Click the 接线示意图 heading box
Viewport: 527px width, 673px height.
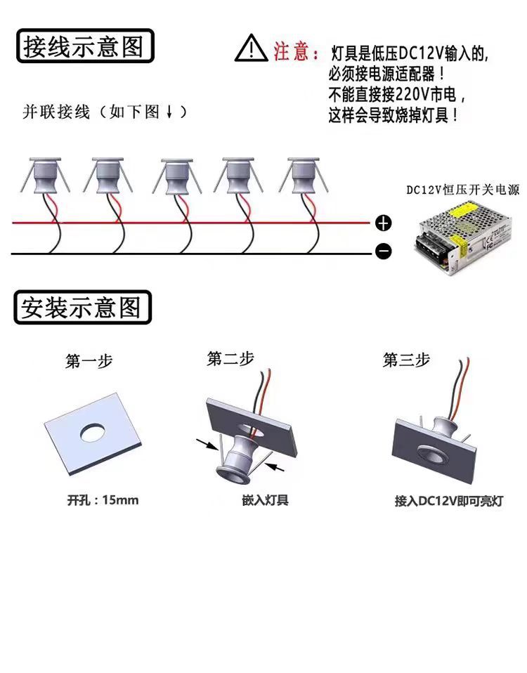click(x=84, y=47)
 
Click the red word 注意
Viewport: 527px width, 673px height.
click(x=291, y=51)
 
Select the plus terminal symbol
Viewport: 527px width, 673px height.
click(x=383, y=224)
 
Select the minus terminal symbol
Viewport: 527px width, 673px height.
click(x=383, y=251)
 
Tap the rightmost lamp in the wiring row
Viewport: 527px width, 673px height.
click(x=303, y=176)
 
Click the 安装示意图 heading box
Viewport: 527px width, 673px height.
click(x=82, y=308)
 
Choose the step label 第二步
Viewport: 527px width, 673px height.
click(x=230, y=358)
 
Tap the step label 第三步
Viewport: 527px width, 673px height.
click(x=405, y=360)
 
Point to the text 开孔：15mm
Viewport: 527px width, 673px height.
click(x=103, y=500)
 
